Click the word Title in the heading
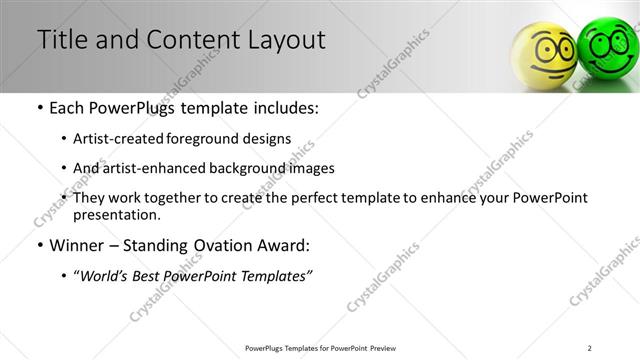point(61,40)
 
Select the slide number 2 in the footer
point(590,347)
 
